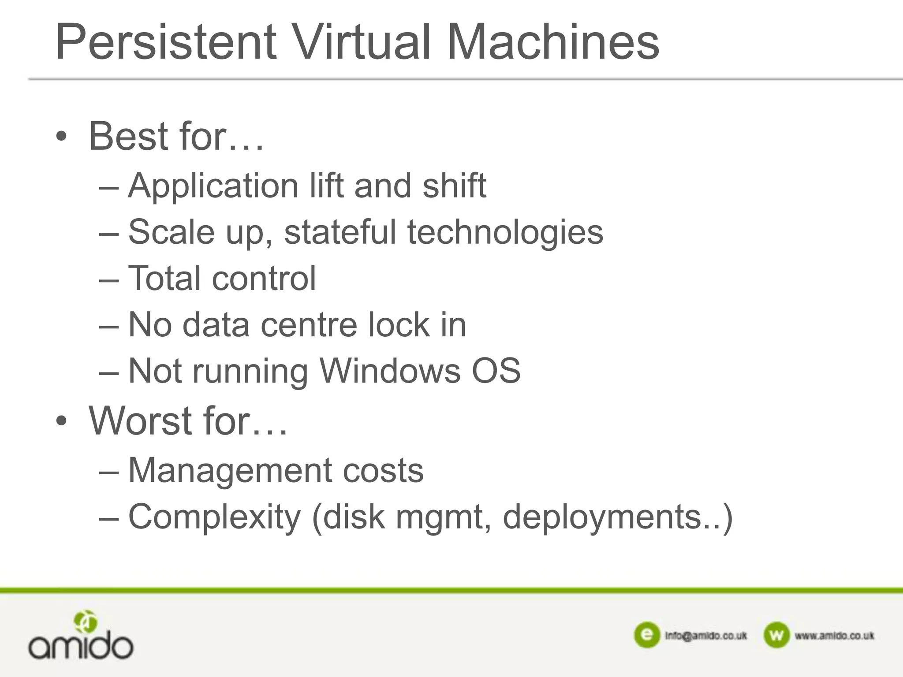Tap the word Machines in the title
(553, 43)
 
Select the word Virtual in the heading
(361, 43)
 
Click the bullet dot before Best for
(62, 137)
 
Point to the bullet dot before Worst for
(62, 421)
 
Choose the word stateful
(340, 232)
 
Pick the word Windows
(390, 371)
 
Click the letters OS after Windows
(496, 371)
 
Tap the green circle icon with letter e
(646, 635)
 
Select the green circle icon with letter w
(776, 635)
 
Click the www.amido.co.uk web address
(834, 636)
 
